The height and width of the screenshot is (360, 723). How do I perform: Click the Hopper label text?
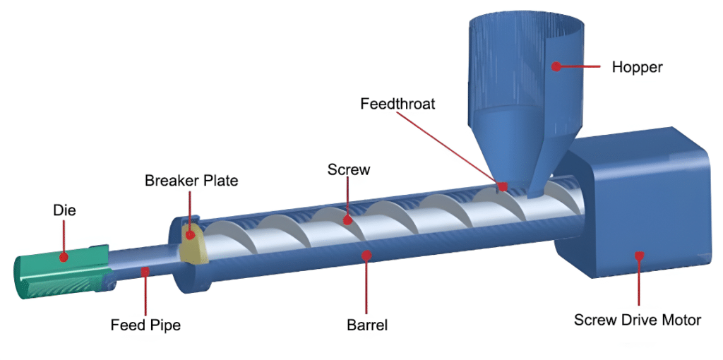click(x=637, y=68)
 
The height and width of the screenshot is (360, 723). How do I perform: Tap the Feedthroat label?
click(x=398, y=104)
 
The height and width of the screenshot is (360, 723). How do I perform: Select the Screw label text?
click(x=349, y=170)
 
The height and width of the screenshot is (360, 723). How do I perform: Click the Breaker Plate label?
click(x=191, y=181)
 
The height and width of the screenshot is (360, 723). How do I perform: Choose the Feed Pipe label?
click(x=145, y=325)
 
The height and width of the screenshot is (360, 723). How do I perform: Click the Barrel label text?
click(x=367, y=325)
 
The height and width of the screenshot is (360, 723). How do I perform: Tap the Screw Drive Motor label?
click(x=638, y=320)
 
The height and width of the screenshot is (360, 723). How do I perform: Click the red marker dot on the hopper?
click(x=556, y=67)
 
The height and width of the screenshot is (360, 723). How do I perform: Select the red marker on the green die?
click(x=64, y=258)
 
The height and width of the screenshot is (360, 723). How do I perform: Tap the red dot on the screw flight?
click(x=347, y=220)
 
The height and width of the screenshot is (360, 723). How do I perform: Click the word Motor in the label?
click(x=680, y=320)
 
